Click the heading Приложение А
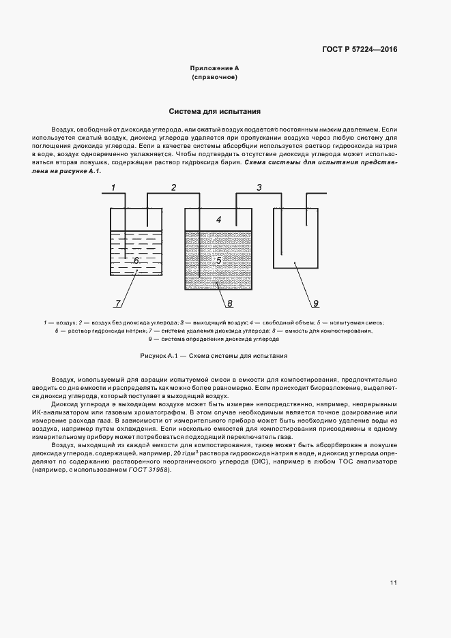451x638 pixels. coord(214,69)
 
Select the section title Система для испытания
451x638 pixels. coord(214,110)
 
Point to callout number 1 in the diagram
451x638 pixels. coord(114,187)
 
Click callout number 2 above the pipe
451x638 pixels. coord(173,187)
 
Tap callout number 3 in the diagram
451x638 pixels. coord(259,187)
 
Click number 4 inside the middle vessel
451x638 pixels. coord(218,219)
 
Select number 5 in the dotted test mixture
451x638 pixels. coord(218,260)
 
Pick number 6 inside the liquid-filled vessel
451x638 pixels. coord(136,260)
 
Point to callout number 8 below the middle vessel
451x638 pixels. coord(229,303)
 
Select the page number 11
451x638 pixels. coord(394,582)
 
